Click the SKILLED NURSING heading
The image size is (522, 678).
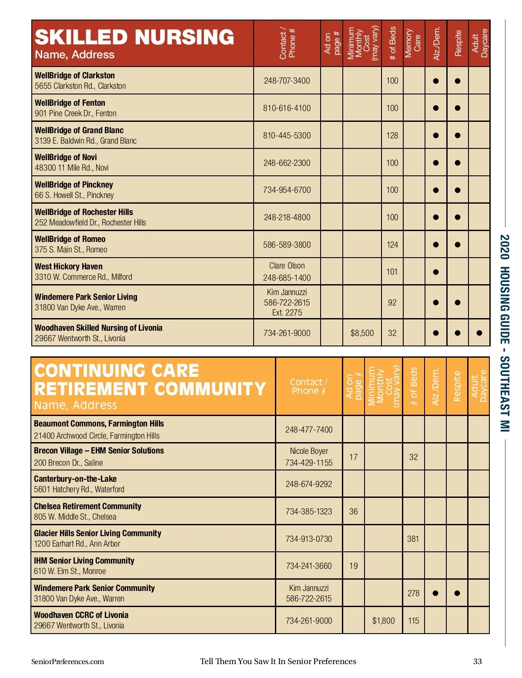[134, 37]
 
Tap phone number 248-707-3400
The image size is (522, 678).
[287, 81]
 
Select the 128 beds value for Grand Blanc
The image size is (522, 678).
[392, 135]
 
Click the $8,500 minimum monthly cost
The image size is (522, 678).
[362, 333]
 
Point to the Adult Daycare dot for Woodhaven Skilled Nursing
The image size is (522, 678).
[479, 333]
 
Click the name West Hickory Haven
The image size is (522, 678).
[69, 266]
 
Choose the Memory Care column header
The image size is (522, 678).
[413, 44]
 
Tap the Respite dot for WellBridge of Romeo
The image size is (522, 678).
[457, 245]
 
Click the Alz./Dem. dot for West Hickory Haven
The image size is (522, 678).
[435, 272]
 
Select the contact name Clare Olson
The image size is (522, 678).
[287, 265]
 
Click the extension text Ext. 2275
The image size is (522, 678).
[287, 312]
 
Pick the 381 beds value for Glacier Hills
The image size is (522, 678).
[413, 539]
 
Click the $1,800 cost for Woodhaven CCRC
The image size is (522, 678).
[383, 621]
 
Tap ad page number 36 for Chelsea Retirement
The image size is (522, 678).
[353, 511]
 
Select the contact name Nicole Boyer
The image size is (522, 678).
[309, 451]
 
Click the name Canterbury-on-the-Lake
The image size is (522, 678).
[75, 479]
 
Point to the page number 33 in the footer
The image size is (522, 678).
[477, 661]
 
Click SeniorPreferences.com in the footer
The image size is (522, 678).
[67, 661]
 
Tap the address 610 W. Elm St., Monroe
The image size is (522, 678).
[70, 571]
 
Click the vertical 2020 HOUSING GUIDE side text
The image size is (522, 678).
[505, 333]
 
